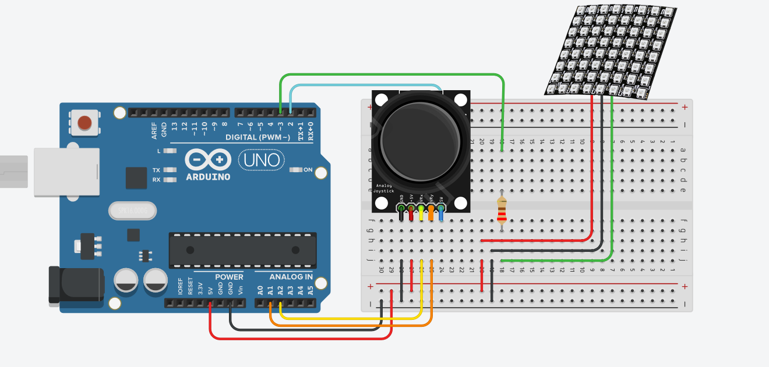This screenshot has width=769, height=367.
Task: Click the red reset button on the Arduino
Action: coord(85,123)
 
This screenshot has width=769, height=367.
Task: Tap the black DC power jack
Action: coord(76,284)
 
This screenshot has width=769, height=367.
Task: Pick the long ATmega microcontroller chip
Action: coord(242,250)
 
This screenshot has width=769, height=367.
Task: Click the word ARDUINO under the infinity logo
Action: coord(208,177)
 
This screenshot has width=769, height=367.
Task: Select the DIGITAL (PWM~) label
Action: coord(257,137)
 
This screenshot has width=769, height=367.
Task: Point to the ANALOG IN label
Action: coord(291,277)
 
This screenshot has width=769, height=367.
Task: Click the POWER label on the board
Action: coord(229,277)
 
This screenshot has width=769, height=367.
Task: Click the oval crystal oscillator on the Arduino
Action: coord(133,210)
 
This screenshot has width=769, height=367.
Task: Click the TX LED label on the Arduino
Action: coord(156,170)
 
